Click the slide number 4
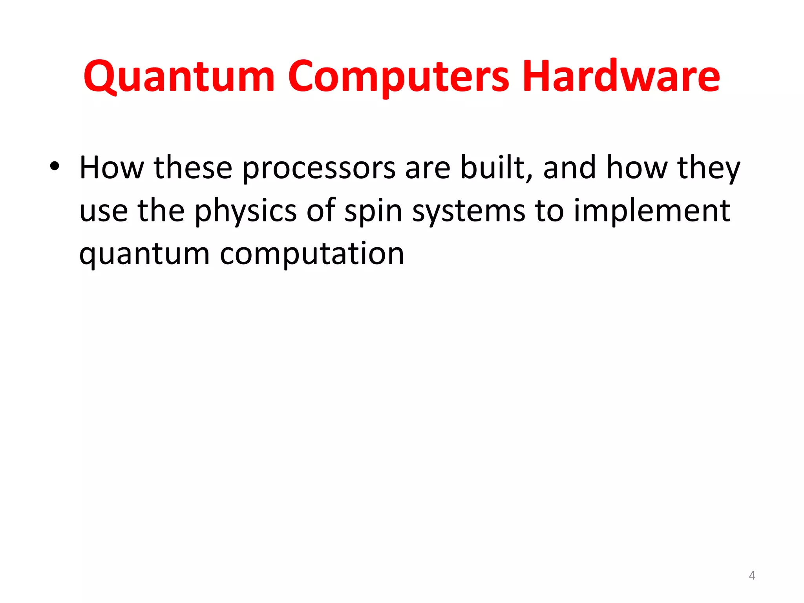pyautogui.click(x=752, y=576)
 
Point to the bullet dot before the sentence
pyautogui.click(x=54, y=166)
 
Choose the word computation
pyautogui.click(x=312, y=254)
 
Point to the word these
pyautogui.click(x=193, y=168)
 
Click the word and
pyautogui.click(x=570, y=168)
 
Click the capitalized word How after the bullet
pyautogui.click(x=112, y=168)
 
